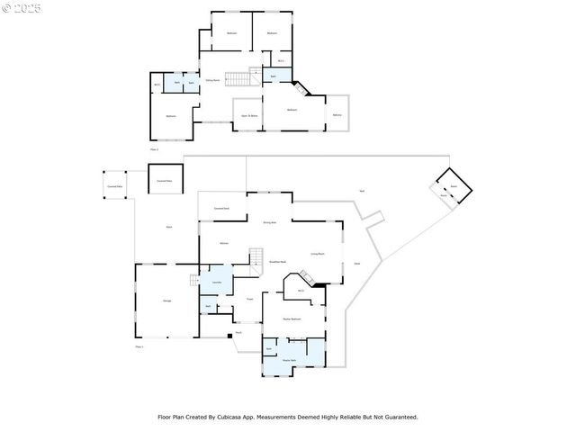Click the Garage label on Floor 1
tap(167, 300)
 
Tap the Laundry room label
tap(216, 283)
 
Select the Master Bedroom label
tap(291, 319)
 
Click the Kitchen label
tap(223, 244)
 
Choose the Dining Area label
tap(269, 222)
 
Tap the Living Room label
tap(317, 255)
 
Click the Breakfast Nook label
tap(278, 262)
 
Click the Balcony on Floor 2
tap(337, 114)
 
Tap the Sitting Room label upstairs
tap(212, 80)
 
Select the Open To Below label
tap(249, 115)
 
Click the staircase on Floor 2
tap(236, 79)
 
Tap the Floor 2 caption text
tap(154, 148)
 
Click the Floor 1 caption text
tap(139, 346)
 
